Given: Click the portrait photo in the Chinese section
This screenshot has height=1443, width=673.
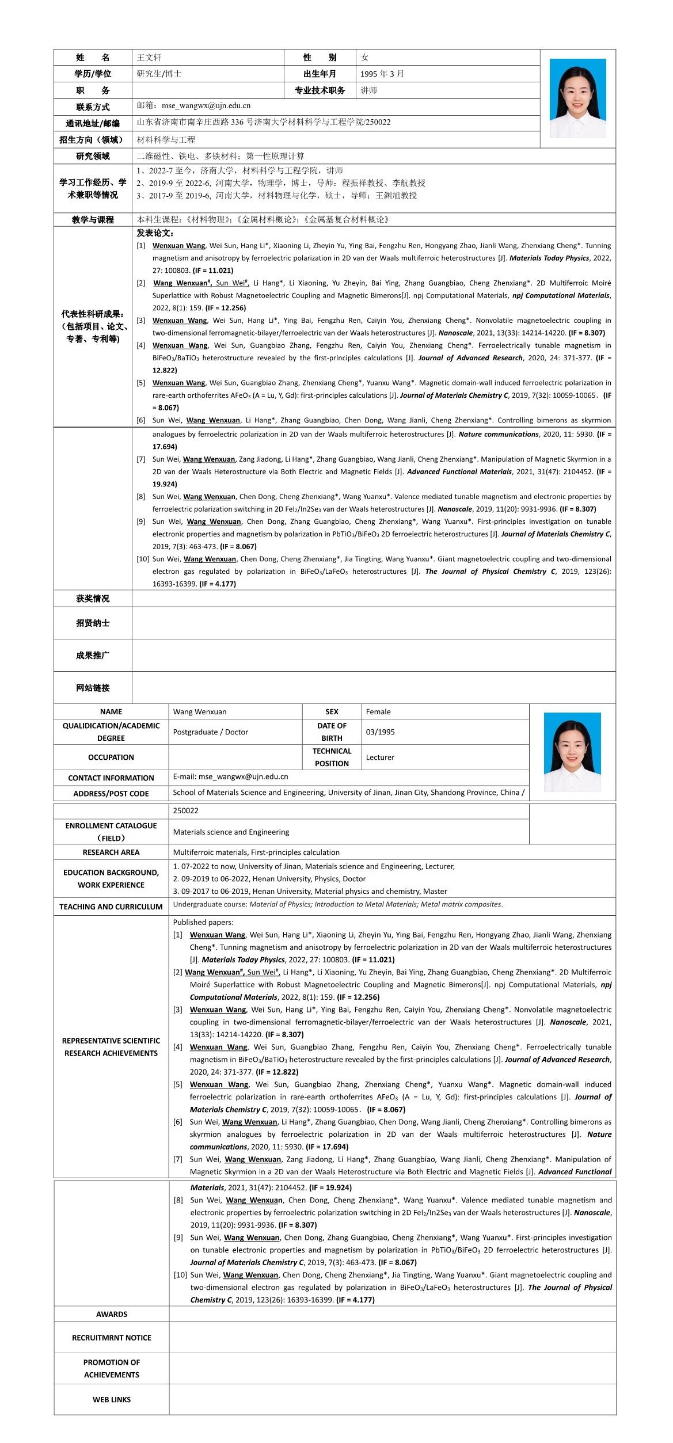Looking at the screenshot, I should coord(577,98).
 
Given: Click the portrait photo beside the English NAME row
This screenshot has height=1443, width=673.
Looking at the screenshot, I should coord(572,752).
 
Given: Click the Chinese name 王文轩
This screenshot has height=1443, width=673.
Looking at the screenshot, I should coord(149,58).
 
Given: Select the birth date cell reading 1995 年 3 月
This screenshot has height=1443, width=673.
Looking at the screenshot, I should coord(382,74).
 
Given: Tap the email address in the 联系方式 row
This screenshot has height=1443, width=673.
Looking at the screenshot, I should coord(206,106).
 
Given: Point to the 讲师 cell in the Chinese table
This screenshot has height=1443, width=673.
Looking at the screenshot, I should coord(369,90).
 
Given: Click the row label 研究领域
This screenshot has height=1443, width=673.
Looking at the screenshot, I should coord(93,156).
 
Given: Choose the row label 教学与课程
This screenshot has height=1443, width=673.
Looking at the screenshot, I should coord(93,219).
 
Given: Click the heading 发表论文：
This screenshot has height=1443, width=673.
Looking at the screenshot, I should coord(155,233).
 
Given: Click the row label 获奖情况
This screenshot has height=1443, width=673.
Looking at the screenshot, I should coord(93,599).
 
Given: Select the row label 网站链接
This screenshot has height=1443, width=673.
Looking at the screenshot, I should coord(93,688).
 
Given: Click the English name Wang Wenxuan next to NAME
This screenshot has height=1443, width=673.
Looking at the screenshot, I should coord(200,712).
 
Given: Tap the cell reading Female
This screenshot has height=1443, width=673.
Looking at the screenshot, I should coord(378,712).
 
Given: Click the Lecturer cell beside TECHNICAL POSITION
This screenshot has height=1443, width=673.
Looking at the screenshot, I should coord(380,757).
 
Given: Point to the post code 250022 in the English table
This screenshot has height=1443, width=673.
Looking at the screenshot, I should coord(185,811).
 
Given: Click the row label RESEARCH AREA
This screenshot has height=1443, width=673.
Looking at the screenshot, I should coord(111,852).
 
